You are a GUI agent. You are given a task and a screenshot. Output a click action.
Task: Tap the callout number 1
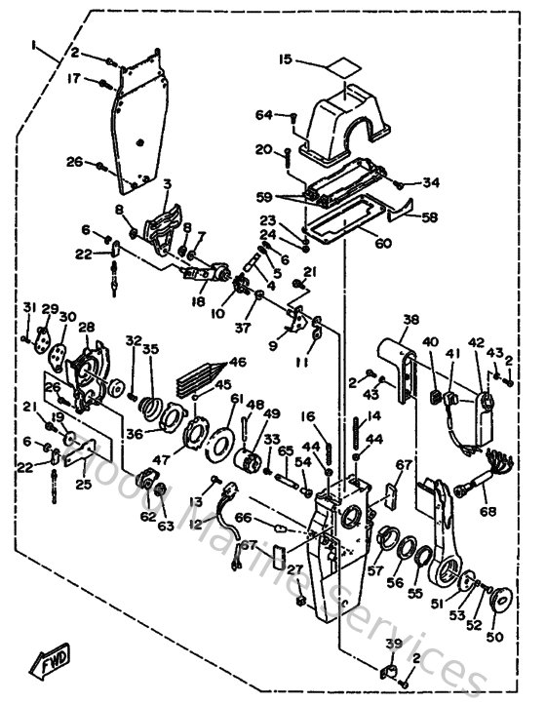click(x=33, y=45)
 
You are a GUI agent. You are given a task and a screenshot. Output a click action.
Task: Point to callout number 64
click(x=264, y=116)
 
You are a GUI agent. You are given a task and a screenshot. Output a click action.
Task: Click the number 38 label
click(x=410, y=320)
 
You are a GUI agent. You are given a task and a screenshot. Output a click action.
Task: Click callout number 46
click(x=237, y=362)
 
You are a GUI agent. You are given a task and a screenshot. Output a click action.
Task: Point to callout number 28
click(x=86, y=327)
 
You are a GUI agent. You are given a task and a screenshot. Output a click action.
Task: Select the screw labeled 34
click(x=398, y=181)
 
